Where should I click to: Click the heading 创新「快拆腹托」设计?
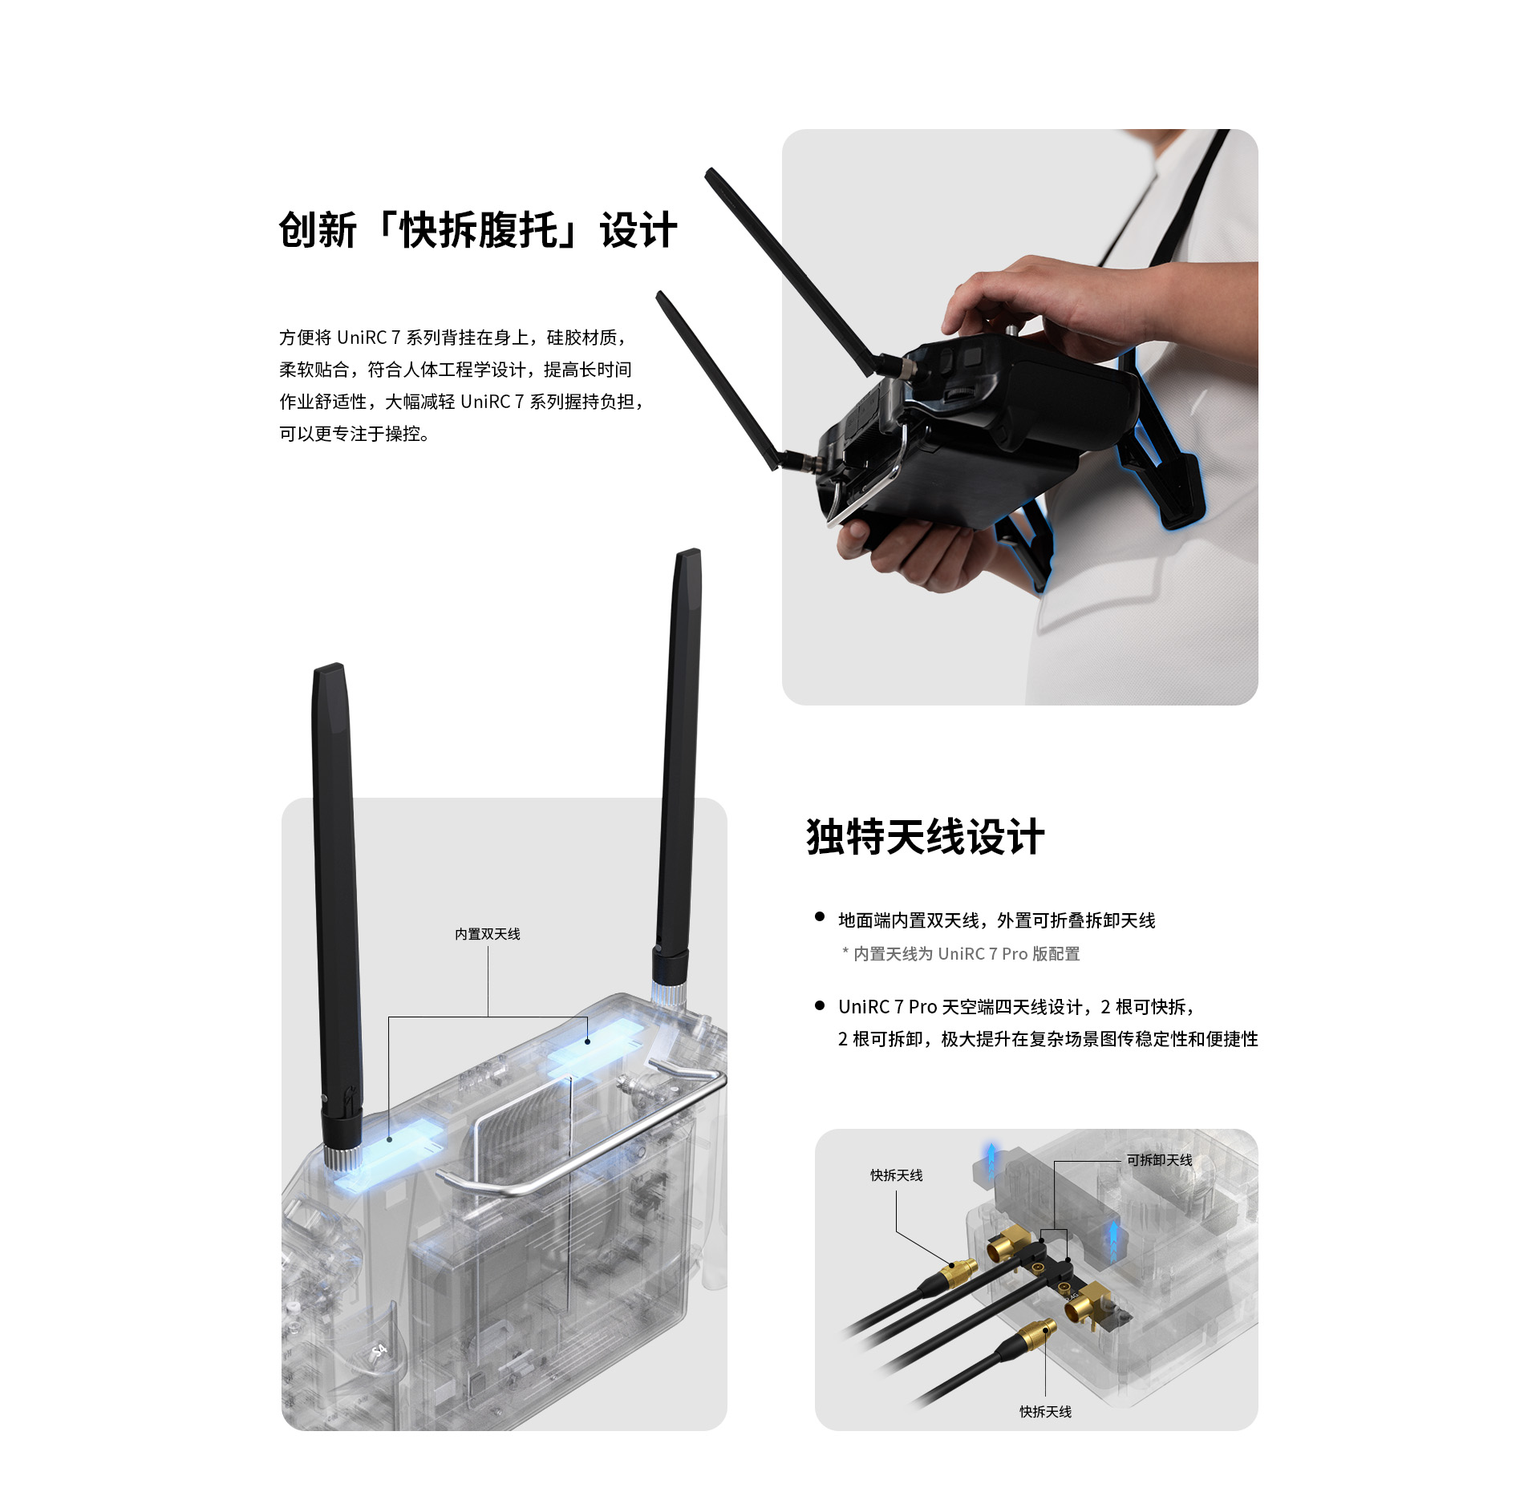tap(478, 230)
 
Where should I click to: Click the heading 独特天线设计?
tap(926, 837)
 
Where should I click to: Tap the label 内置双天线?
tap(488, 934)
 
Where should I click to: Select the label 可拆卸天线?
tap(1159, 1160)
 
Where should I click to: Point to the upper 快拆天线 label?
tap(897, 1175)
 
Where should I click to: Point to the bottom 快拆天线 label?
tap(1045, 1412)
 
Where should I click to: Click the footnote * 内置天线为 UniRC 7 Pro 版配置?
tap(961, 954)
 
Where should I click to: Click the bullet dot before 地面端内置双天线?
tap(820, 916)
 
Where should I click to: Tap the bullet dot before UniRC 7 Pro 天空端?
tap(820, 1005)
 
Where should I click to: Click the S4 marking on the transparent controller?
tap(379, 1352)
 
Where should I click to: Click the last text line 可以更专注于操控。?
tap(354, 434)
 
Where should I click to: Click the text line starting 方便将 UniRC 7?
tap(453, 338)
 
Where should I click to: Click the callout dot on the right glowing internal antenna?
tap(588, 1041)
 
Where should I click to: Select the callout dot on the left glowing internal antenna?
tap(389, 1139)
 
